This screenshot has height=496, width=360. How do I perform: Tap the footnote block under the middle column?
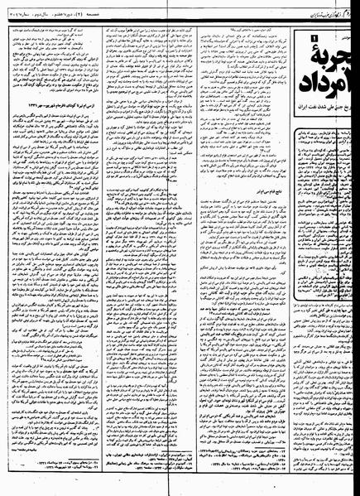click(154, 474)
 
